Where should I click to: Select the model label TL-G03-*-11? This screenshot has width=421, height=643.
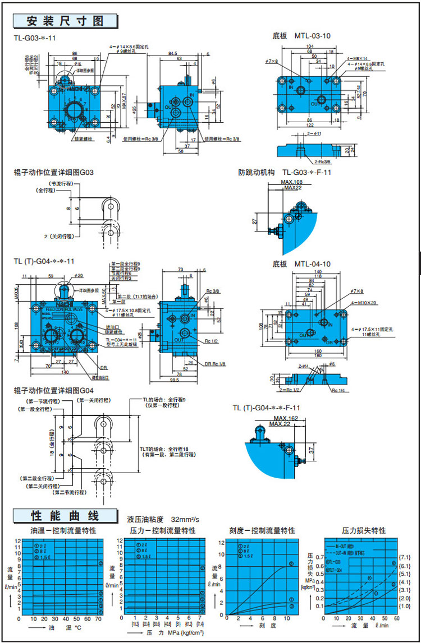coord(35,38)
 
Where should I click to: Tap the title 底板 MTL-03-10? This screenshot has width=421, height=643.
coord(301,35)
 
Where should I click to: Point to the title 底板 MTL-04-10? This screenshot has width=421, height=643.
coord(301,263)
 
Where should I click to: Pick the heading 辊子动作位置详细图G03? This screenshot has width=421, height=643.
coord(54,172)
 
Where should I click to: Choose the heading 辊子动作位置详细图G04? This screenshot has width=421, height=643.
coord(54,388)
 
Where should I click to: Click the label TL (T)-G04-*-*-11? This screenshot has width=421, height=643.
coord(44,261)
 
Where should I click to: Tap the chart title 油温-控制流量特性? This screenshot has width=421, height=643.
coord(63,530)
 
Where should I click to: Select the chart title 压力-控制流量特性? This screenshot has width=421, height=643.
coord(163,530)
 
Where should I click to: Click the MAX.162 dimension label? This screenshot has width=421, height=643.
coord(286,418)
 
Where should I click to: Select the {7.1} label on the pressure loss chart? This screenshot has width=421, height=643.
coord(405,557)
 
